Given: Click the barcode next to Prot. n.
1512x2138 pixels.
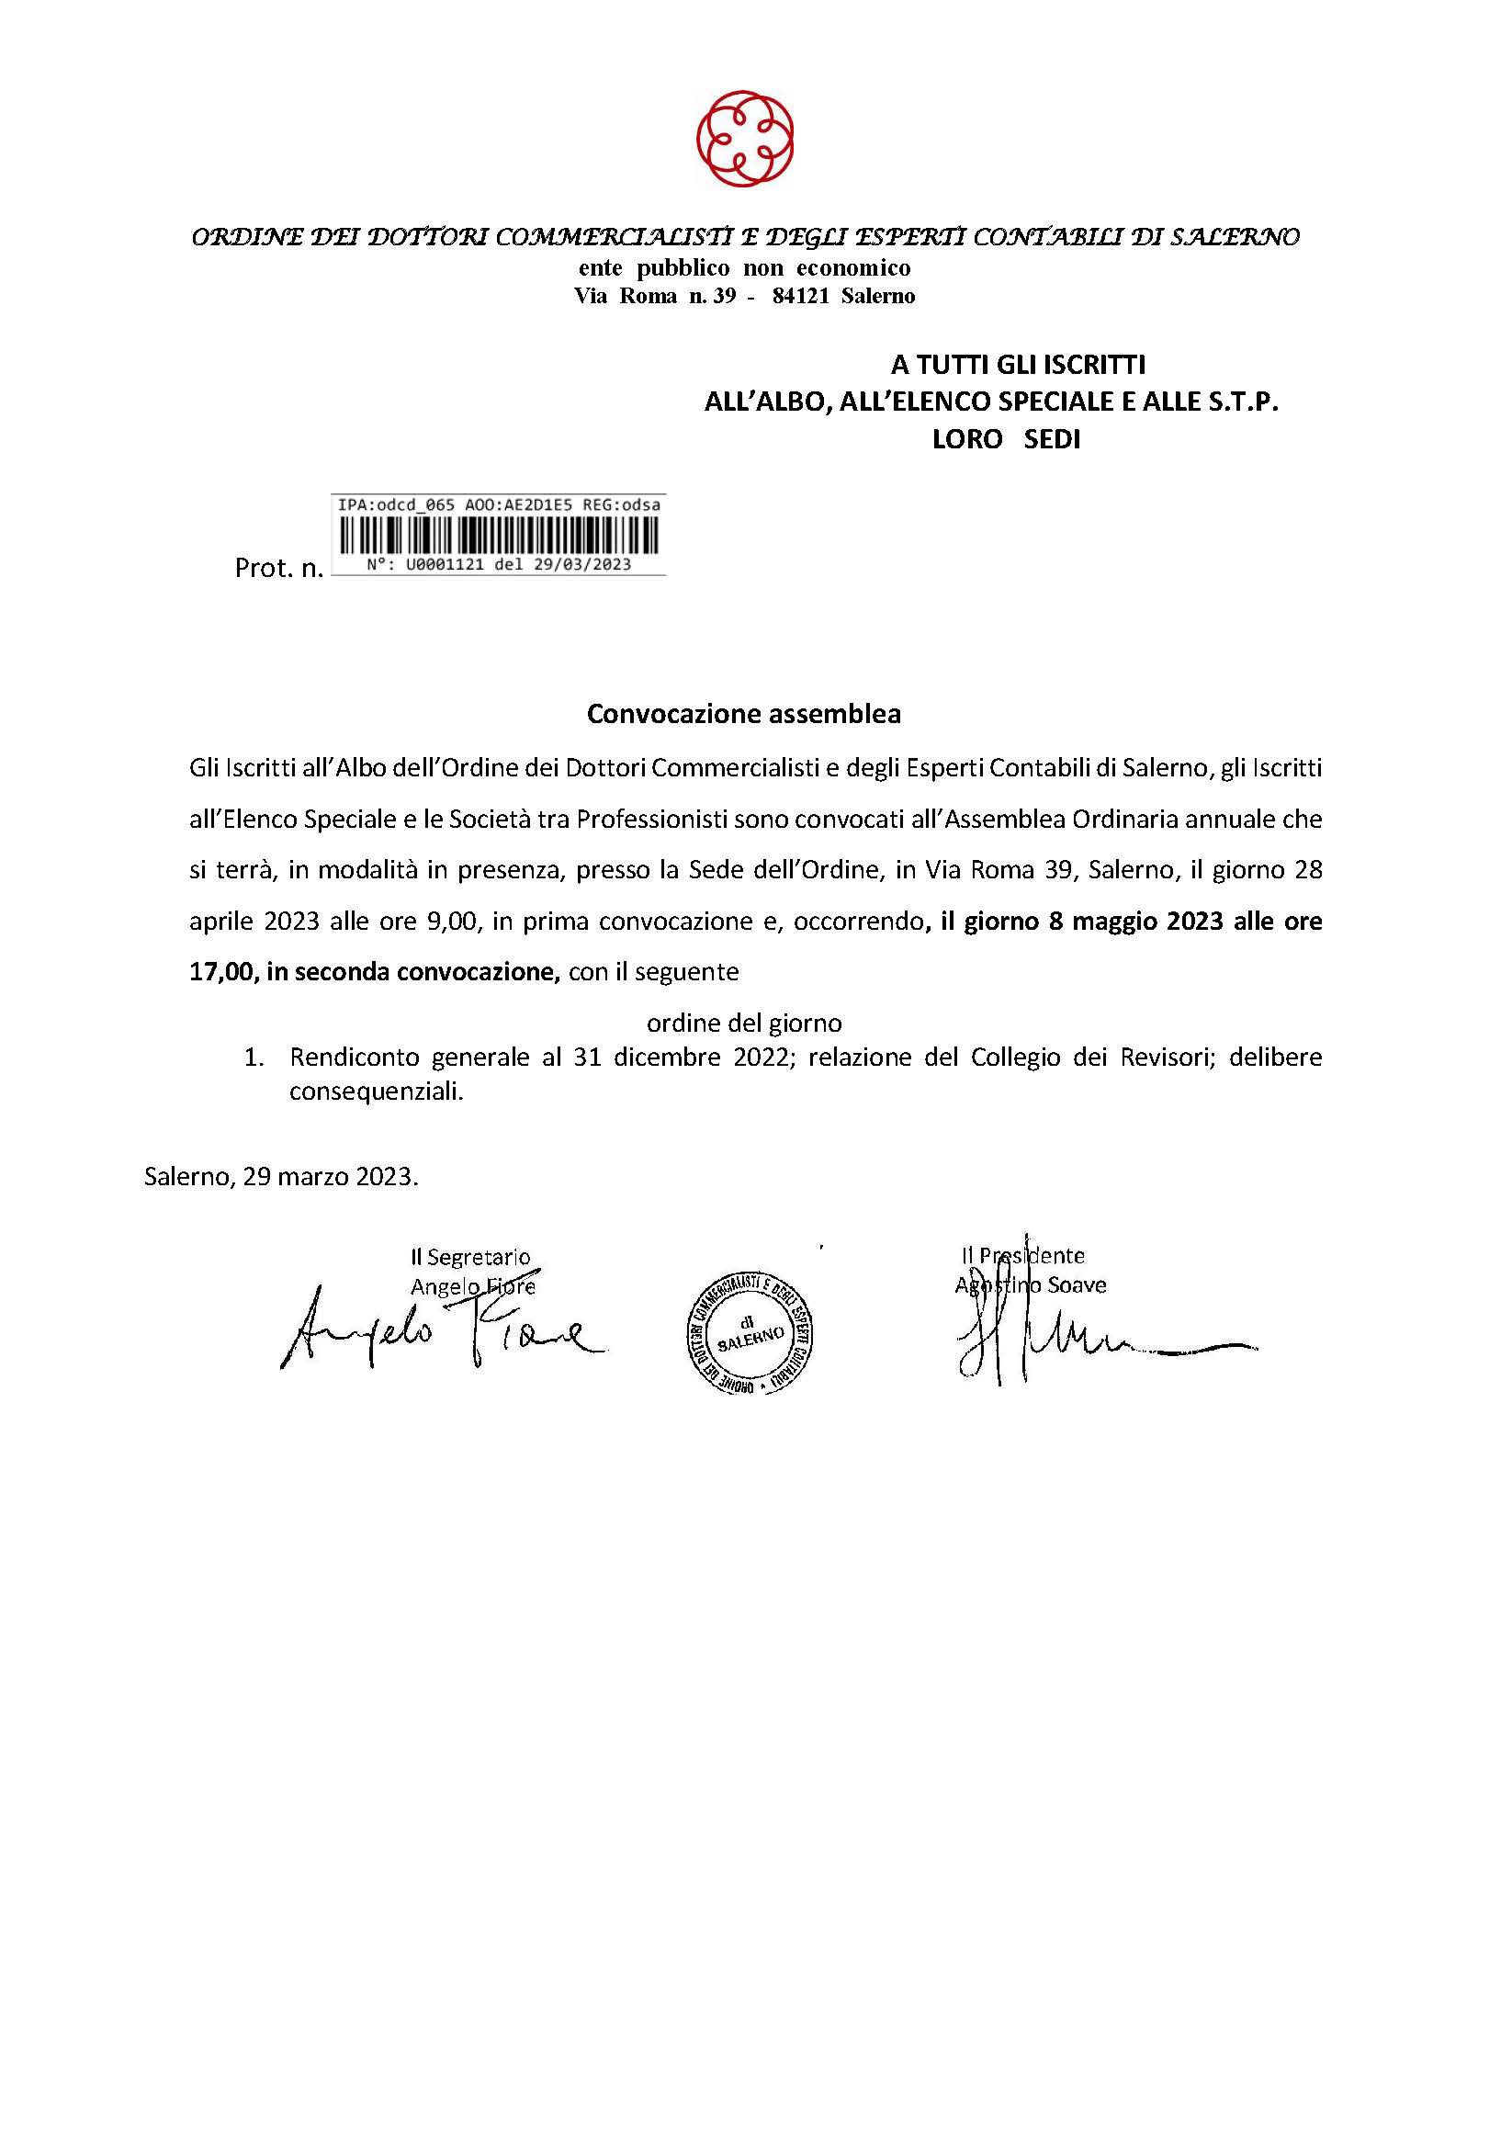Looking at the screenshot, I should pyautogui.click(x=498, y=537).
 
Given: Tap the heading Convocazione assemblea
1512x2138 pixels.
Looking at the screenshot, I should pyautogui.click(x=744, y=714).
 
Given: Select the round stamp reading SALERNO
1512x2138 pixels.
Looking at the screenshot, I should pyautogui.click(x=756, y=1330).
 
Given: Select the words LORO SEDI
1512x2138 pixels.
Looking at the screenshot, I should pyautogui.click(x=1007, y=440).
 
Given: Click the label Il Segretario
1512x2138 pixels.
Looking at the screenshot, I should pyautogui.click(x=471, y=1257).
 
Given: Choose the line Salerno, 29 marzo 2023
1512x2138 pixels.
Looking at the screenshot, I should pyautogui.click(x=281, y=1177).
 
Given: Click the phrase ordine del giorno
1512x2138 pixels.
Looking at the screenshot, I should pyautogui.click(x=744, y=1023).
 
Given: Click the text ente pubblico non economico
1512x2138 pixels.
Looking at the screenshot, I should pyautogui.click(x=744, y=268).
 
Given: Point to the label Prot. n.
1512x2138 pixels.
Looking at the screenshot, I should pyautogui.click(x=278, y=568).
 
